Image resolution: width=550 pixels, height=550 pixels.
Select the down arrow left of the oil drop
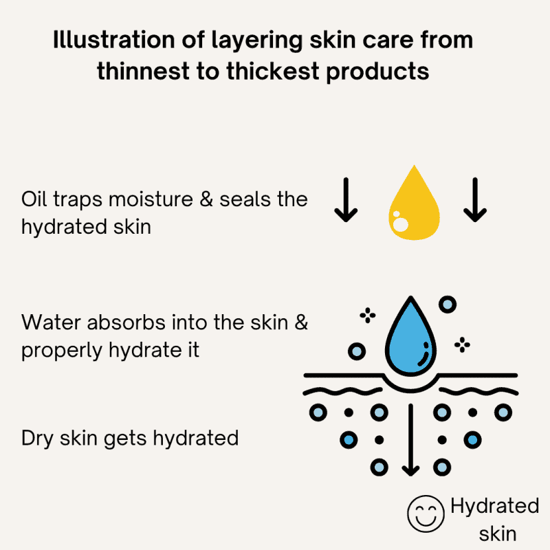(x=346, y=200)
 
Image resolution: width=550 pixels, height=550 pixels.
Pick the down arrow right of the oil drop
(x=475, y=200)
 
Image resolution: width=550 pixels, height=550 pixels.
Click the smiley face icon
(x=426, y=514)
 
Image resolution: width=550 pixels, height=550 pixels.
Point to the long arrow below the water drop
(x=410, y=440)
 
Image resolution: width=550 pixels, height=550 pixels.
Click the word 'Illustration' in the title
(x=113, y=39)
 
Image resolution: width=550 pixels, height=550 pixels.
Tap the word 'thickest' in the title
(x=272, y=71)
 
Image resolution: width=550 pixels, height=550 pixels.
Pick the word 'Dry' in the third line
(x=37, y=439)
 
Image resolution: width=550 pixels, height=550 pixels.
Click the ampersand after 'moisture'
(x=206, y=199)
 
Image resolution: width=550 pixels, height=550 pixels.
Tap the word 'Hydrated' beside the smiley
(x=494, y=507)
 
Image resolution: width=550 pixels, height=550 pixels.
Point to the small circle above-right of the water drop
(x=448, y=304)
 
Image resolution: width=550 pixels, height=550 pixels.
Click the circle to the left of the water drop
(x=357, y=351)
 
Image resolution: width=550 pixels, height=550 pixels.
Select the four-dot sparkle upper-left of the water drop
(x=368, y=316)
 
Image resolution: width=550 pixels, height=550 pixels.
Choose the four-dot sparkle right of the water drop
(x=462, y=345)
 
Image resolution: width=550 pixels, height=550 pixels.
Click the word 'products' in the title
(x=377, y=72)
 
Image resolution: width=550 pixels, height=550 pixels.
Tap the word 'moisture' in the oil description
(x=151, y=199)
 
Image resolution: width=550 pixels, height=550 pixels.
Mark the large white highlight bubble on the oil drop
(x=401, y=225)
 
